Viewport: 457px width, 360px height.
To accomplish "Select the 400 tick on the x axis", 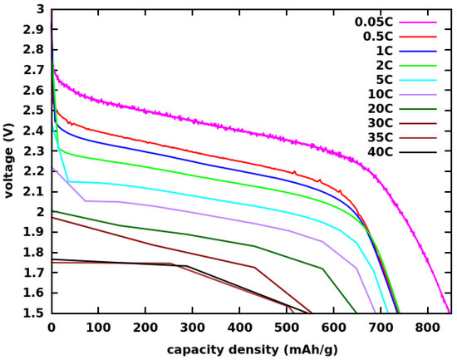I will (x=239, y=328).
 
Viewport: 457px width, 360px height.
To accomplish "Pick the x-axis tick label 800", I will (x=426, y=328).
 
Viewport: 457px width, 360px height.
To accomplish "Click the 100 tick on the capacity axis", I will (x=98, y=328).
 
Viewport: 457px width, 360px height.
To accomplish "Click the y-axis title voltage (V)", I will (x=9, y=161).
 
